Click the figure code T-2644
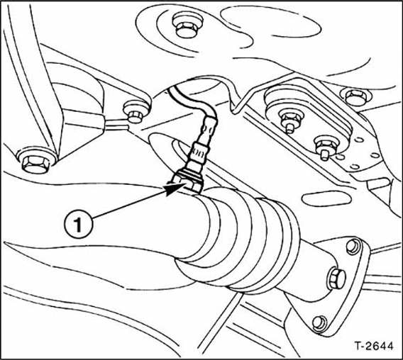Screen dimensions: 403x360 [x=374, y=346]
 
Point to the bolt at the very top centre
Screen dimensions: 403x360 [x=187, y=26]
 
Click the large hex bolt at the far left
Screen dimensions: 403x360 [x=35, y=161]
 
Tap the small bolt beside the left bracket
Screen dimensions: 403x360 [x=134, y=112]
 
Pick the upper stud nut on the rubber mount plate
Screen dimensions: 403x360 [x=292, y=119]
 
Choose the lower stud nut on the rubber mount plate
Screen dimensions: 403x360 [x=326, y=147]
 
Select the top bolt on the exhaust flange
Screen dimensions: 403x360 [x=353, y=246]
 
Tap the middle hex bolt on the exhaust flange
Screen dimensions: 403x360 [x=337, y=279]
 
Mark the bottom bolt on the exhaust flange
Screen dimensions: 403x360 [x=320, y=324]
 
